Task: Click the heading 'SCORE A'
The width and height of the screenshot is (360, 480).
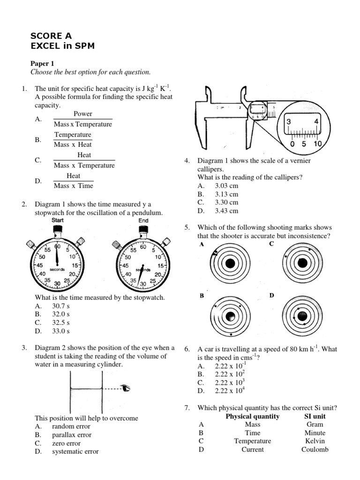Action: click(51, 36)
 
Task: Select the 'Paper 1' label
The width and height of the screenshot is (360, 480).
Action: click(43, 63)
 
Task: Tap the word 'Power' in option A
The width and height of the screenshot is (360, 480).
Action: click(83, 114)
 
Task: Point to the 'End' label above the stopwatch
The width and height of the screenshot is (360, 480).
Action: click(143, 220)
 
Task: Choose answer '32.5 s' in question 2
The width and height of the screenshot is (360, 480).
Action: click(61, 322)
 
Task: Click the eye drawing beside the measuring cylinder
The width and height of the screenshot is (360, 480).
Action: click(125, 388)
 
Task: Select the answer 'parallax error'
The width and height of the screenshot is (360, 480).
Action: click(72, 435)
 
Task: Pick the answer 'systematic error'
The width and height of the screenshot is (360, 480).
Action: click(75, 451)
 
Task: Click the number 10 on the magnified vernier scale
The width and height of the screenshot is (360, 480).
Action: click(317, 144)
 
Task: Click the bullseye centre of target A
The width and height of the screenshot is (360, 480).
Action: click(230, 263)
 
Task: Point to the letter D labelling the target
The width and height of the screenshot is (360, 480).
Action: click(272, 296)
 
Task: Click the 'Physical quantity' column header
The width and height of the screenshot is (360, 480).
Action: click(252, 416)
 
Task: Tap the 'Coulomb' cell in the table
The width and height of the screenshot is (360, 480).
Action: click(315, 450)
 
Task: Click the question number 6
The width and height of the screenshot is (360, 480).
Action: click(187, 349)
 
